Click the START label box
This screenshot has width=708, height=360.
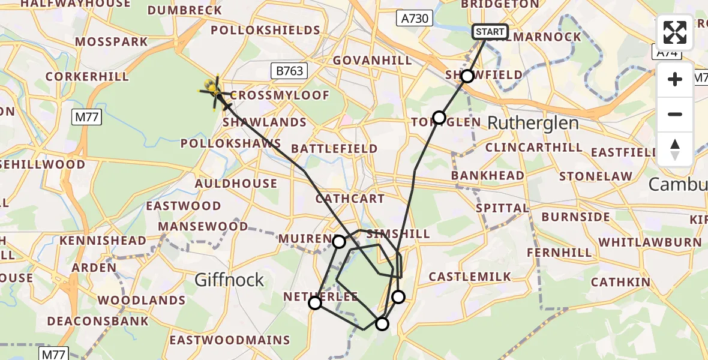(x=491, y=32)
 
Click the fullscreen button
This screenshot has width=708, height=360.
(x=675, y=32)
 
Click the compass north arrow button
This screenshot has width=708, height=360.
(x=675, y=149)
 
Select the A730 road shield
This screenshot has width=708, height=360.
(x=415, y=19)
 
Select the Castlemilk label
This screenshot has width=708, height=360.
(x=470, y=277)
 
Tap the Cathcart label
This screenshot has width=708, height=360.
(x=350, y=198)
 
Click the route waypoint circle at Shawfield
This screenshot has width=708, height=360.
(x=467, y=76)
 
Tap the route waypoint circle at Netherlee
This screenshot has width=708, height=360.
(x=315, y=303)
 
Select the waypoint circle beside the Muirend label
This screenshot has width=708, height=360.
(x=339, y=242)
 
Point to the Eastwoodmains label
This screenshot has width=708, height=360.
(x=229, y=340)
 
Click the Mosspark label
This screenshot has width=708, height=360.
(x=112, y=42)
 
